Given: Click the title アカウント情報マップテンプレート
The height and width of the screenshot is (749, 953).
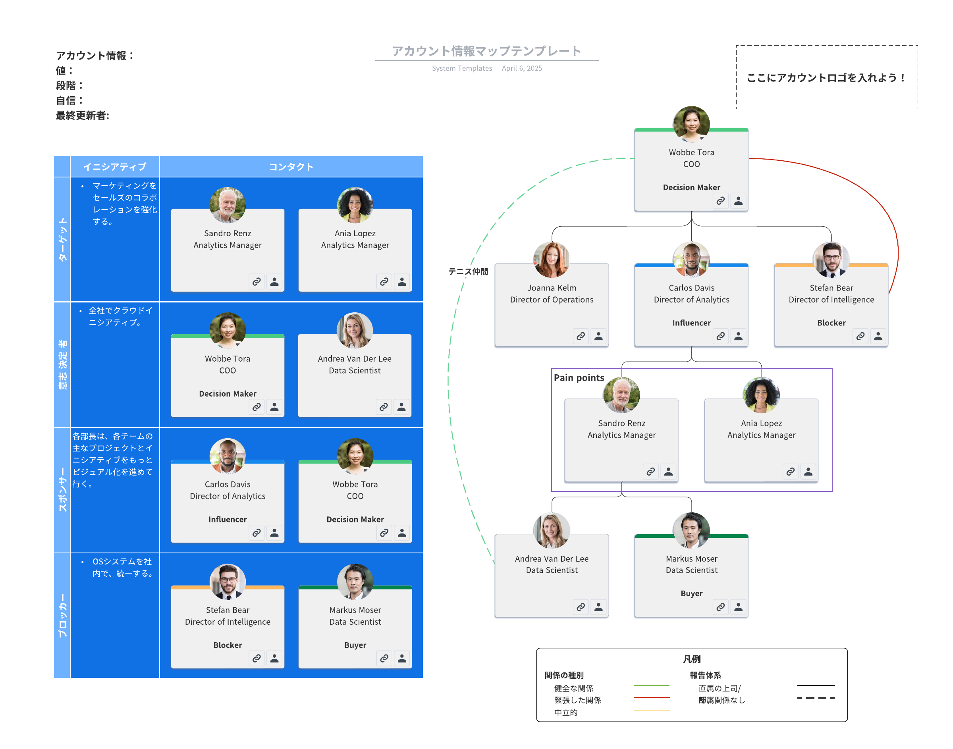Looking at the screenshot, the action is click(x=486, y=51).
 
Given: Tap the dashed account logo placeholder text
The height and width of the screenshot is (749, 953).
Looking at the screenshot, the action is click(x=826, y=78).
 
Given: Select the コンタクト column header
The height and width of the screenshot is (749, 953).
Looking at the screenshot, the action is click(x=291, y=167).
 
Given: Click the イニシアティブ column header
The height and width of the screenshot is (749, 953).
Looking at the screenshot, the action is click(x=114, y=167).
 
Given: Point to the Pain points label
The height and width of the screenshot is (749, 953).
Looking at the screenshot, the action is click(x=579, y=377).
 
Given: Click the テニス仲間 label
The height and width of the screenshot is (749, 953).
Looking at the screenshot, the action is click(x=468, y=271).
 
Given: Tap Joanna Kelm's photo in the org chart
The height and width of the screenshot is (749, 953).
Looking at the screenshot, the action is click(x=552, y=260).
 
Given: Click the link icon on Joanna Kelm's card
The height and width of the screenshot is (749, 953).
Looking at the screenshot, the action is click(x=581, y=336).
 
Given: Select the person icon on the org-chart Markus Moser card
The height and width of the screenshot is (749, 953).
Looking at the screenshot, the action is click(x=739, y=607).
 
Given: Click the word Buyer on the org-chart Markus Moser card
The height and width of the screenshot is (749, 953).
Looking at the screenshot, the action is click(x=691, y=593).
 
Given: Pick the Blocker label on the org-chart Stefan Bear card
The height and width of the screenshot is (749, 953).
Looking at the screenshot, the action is click(x=831, y=323).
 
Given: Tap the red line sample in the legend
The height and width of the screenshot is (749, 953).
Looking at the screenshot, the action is click(x=652, y=697).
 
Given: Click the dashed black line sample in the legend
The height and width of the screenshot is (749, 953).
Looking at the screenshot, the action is click(x=816, y=698).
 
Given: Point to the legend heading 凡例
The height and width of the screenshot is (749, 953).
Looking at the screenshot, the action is click(x=691, y=659).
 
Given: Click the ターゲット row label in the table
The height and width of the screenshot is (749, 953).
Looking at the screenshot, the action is click(x=62, y=239).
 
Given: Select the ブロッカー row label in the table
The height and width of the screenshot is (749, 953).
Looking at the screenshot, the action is click(x=62, y=615).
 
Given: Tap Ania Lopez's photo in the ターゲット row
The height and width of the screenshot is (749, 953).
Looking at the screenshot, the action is click(x=355, y=205).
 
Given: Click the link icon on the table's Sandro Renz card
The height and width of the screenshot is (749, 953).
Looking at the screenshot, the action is click(x=257, y=281).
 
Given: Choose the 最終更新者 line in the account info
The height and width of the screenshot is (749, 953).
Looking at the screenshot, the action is click(x=83, y=116).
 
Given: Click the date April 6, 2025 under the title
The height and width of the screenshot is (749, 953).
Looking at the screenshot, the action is click(x=522, y=68).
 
